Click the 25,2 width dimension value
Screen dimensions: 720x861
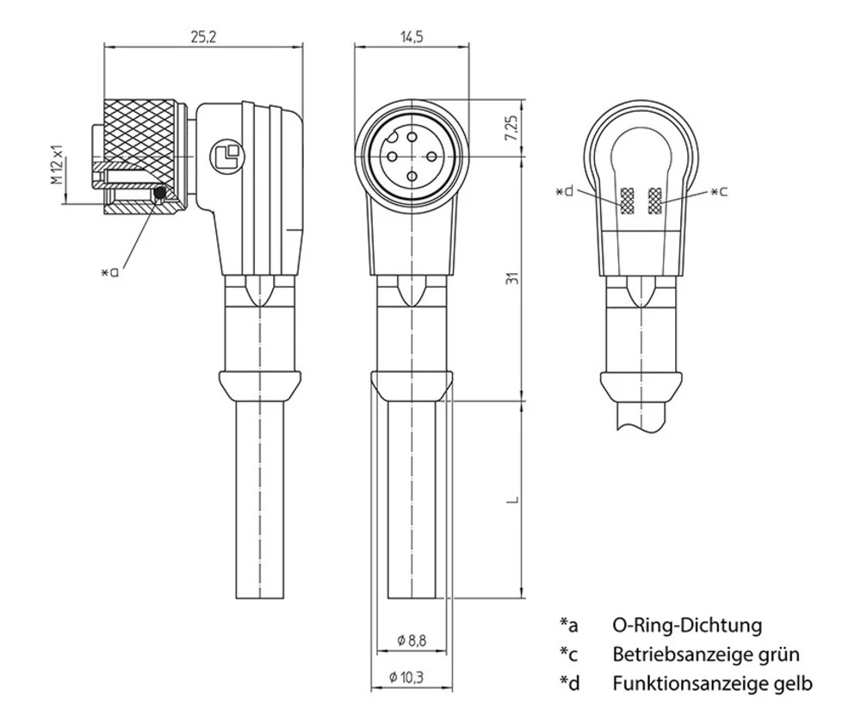204,37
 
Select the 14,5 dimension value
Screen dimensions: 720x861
412,37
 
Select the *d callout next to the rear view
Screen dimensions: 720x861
566,190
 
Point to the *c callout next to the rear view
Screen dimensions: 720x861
718,190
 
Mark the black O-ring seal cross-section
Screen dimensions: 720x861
159,196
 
